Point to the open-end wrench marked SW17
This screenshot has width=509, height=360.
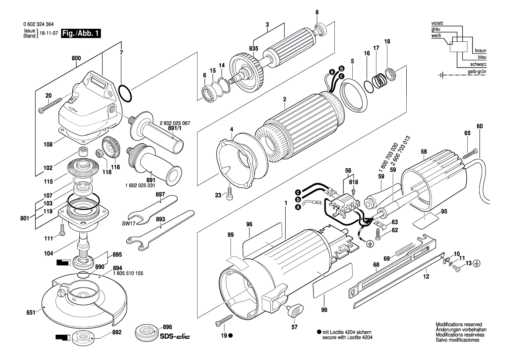tap(152, 209)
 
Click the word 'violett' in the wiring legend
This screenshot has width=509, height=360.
tap(437, 23)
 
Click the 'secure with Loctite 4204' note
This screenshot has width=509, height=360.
tap(347, 337)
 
